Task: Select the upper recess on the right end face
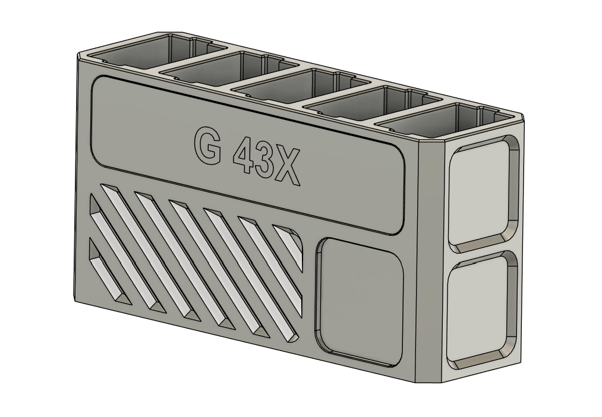[482, 195]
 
